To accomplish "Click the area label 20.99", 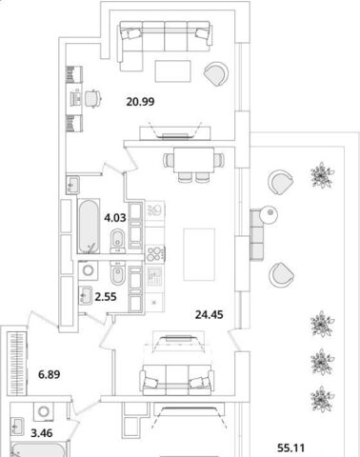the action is click(x=140, y=102).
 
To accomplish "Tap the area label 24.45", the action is click(x=210, y=315).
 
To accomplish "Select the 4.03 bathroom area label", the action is click(x=115, y=218).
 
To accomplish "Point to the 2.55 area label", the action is click(x=106, y=297).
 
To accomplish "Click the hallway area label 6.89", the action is click(x=50, y=375).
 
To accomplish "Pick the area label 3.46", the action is click(x=42, y=433).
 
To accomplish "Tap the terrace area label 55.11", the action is click(x=290, y=448).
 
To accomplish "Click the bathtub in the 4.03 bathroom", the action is click(x=89, y=226).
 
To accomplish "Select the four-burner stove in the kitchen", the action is click(x=154, y=254).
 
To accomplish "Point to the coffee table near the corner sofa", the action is click(x=172, y=71).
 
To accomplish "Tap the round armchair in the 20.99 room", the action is click(x=216, y=73).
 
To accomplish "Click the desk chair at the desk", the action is click(x=92, y=98).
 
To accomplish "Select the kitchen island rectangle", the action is click(x=199, y=254).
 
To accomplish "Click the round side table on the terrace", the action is click(x=269, y=215).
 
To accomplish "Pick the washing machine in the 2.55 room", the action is click(x=88, y=270).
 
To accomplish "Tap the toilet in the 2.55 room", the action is click(x=117, y=273).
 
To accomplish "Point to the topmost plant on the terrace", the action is click(x=322, y=175).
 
